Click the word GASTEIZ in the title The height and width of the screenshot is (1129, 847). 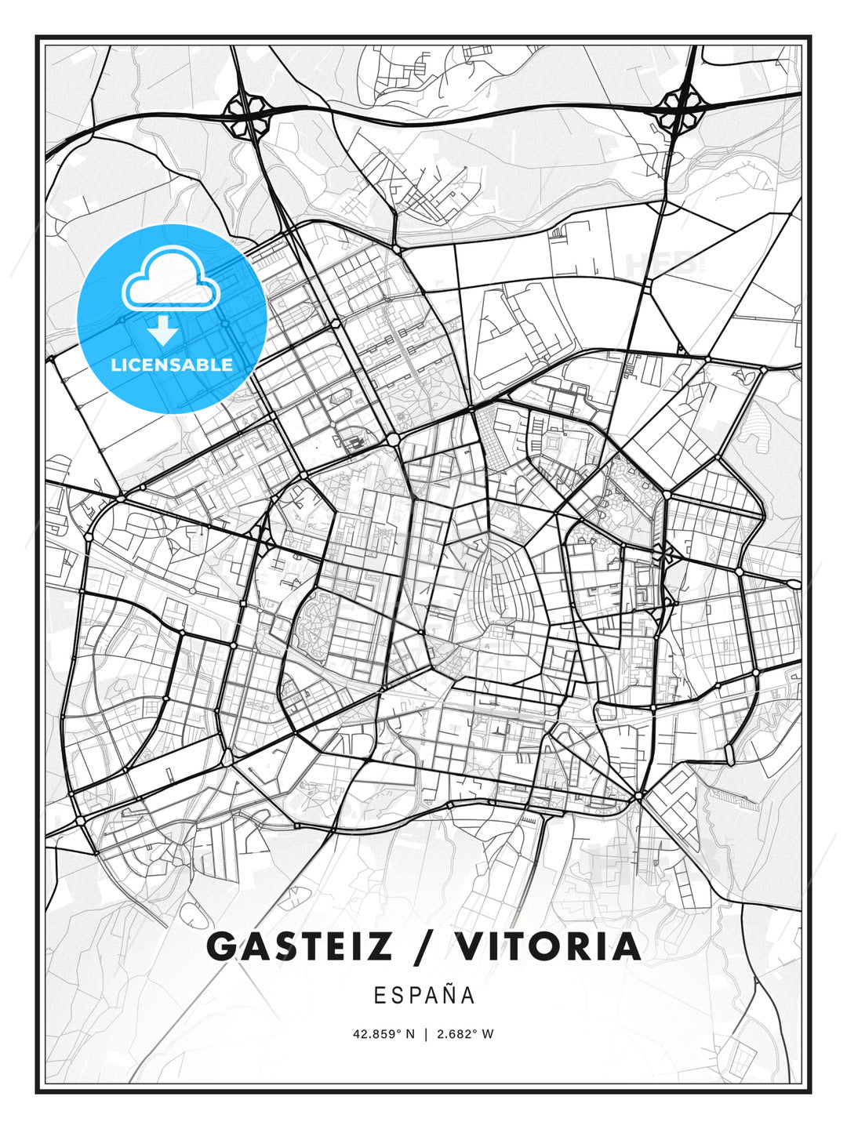point(299,946)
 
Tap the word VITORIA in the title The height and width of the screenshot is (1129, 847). point(548,946)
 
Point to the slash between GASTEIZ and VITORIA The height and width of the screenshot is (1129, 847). point(423,946)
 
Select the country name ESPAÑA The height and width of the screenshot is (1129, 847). point(423,995)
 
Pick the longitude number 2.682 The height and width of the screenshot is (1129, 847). point(456,1034)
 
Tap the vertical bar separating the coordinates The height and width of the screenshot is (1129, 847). point(424,1034)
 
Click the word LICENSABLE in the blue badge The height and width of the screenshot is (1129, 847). point(172,365)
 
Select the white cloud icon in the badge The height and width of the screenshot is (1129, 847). point(171,278)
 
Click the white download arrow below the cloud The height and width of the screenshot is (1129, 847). point(163,331)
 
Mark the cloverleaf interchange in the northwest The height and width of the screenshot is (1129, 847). point(245,114)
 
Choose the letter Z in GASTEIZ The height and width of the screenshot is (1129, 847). point(379,946)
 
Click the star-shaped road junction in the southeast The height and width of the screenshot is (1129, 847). point(640,797)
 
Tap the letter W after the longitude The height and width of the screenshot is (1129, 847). point(488,1034)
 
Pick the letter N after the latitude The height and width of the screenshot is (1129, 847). point(409,1034)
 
